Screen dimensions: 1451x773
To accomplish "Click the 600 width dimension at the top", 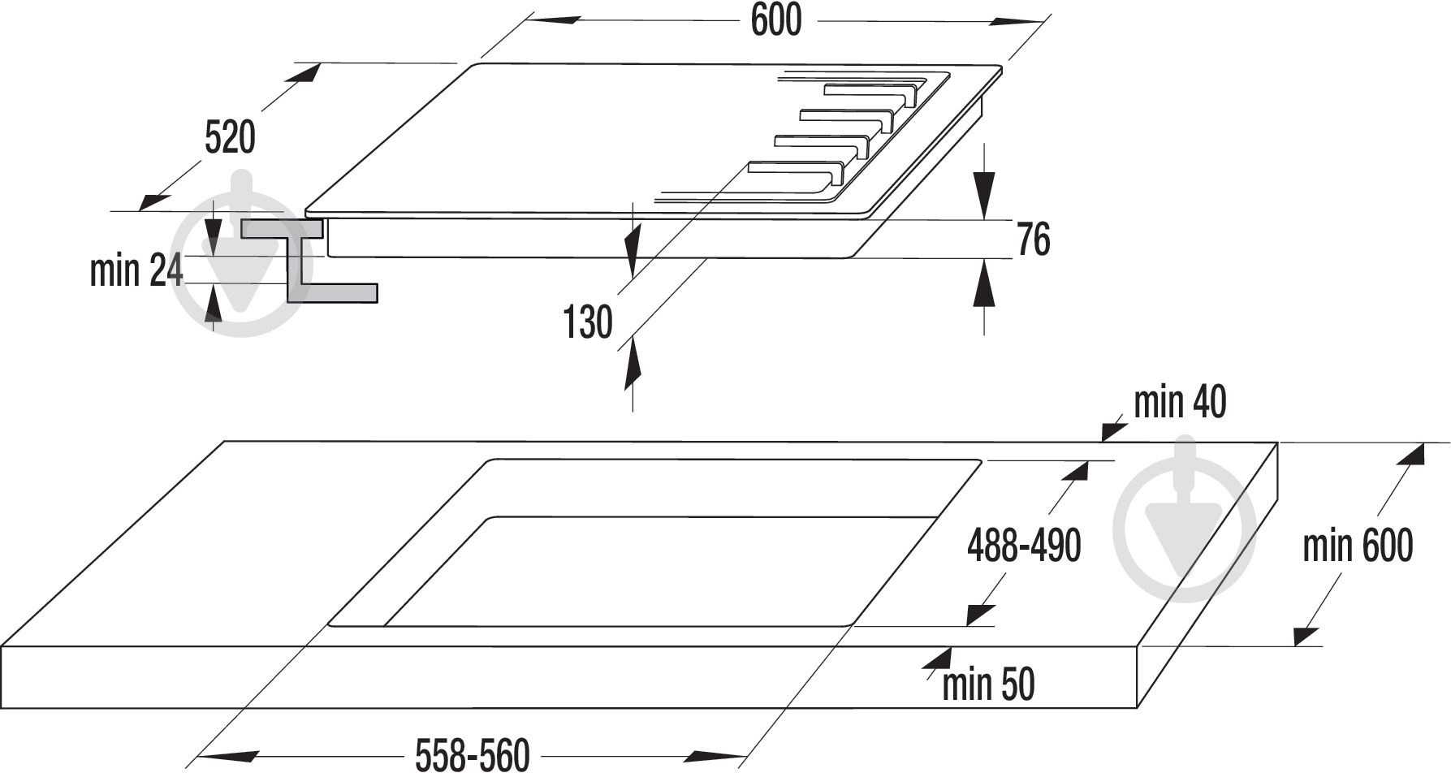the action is pos(775,20).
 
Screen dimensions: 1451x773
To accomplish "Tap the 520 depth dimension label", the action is pos(230,137).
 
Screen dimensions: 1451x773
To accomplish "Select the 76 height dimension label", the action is pos(1034,240).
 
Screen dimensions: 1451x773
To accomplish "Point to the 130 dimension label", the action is pos(588,322).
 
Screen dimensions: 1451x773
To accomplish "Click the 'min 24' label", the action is pos(136,270).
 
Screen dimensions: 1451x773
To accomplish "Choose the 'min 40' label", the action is pos(1180,402).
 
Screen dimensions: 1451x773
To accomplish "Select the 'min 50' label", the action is pos(988,684).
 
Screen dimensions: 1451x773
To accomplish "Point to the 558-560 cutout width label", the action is pos(473,755).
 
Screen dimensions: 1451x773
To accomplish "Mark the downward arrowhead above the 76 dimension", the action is pos(984,199).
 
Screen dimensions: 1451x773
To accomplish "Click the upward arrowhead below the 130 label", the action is pos(633,365).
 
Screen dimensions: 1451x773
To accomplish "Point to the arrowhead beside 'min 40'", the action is pos(1112,429).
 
